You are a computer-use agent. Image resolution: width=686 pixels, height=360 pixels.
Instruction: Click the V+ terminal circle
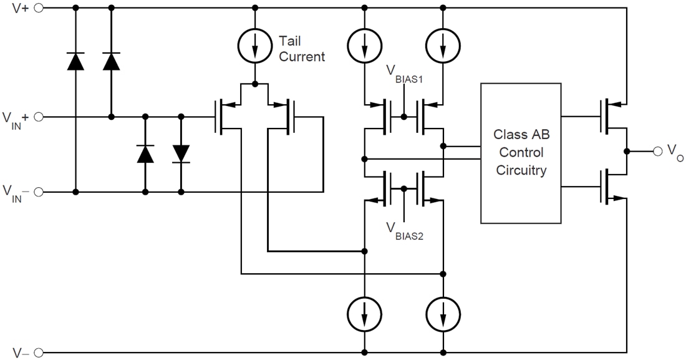pyautogui.click(x=39, y=8)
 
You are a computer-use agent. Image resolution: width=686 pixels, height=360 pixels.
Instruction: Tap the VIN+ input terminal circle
pyautogui.click(x=39, y=117)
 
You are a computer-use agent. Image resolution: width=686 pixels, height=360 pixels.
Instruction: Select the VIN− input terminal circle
pyautogui.click(x=39, y=192)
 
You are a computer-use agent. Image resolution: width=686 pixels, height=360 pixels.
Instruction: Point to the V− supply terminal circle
pyautogui.click(x=39, y=352)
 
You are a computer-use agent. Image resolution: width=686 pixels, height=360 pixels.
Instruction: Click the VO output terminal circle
pyautogui.click(x=657, y=151)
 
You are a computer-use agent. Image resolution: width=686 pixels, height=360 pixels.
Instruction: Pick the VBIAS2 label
pyautogui.click(x=405, y=231)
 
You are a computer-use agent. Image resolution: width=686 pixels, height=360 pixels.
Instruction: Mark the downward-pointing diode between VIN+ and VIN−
pyautogui.click(x=181, y=153)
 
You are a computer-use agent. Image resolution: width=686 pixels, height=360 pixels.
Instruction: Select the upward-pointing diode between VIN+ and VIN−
pyautogui.click(x=145, y=153)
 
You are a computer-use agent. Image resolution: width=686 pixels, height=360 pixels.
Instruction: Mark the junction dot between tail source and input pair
pyautogui.click(x=255, y=84)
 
